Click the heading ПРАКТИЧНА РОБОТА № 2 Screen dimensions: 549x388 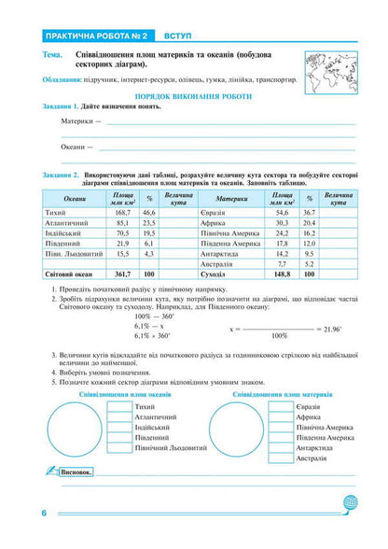click(90, 36)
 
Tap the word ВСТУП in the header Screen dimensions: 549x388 click(178, 36)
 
